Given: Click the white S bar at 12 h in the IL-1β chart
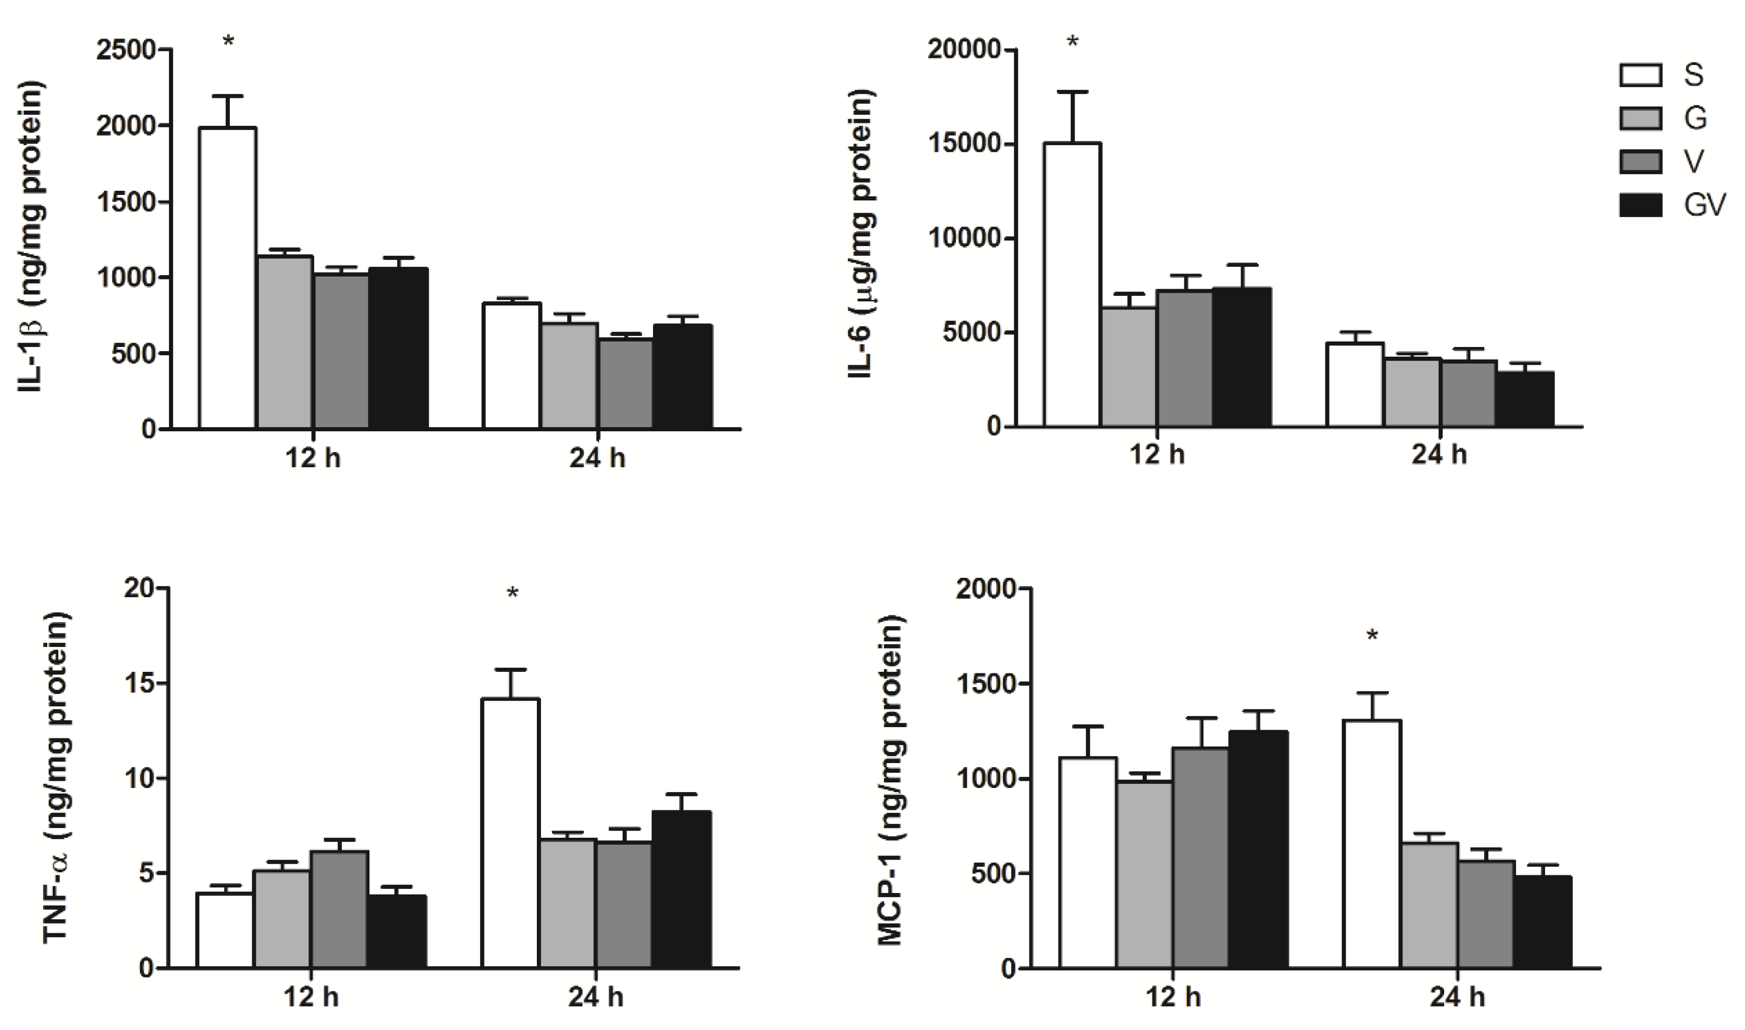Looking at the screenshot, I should tap(228, 278).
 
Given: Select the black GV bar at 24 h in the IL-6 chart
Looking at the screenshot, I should tap(1524, 400).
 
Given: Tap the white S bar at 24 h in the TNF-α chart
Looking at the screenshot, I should tap(511, 833).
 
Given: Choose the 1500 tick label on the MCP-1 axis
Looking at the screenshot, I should tap(985, 683).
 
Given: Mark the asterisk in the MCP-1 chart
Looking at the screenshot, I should tap(1372, 636).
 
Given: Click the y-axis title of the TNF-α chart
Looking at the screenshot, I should tap(57, 777).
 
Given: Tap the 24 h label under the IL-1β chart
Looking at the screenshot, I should tap(597, 458).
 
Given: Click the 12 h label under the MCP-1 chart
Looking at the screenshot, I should tap(1173, 998).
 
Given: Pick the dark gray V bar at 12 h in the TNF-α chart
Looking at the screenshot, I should tap(339, 909).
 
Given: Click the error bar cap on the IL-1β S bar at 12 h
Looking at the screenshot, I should tap(228, 96).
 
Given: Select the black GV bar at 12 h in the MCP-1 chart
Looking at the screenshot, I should tap(1258, 850).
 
